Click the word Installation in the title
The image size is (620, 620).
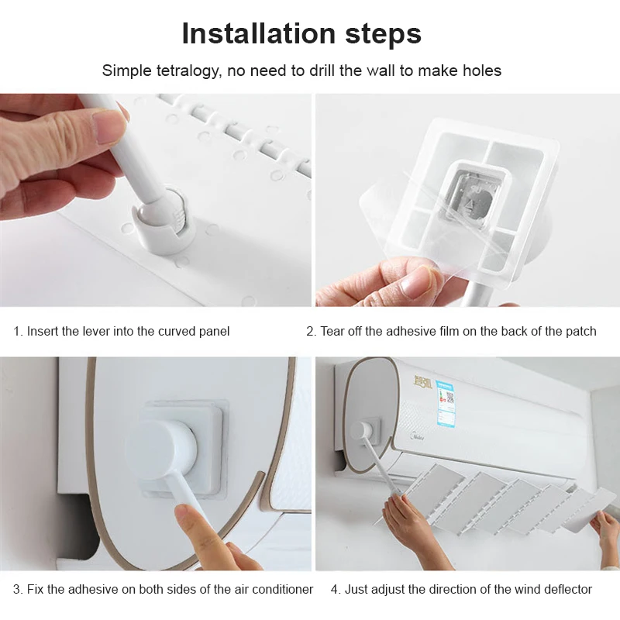coord(255,34)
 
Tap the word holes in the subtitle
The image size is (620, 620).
coord(480,71)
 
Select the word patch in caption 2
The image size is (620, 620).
coord(580,331)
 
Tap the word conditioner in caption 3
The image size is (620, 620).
coord(279,589)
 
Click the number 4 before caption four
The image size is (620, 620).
coord(335,589)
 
